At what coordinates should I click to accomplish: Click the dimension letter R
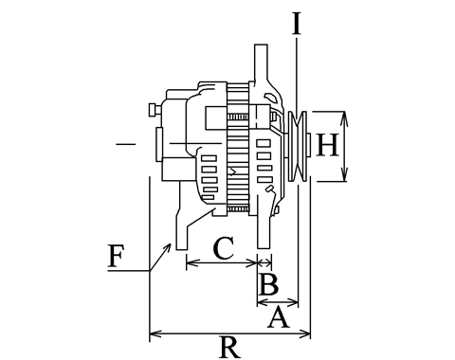coord(230,348)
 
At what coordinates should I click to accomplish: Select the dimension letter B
coord(268,284)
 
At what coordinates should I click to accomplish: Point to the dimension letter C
coord(224,247)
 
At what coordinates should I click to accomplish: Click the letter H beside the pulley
coord(327,145)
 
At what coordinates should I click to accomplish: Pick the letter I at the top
coord(296,24)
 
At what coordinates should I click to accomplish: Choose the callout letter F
coord(116,256)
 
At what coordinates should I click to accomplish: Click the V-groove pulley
coord(298,146)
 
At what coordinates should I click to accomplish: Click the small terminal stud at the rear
coord(155,110)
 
